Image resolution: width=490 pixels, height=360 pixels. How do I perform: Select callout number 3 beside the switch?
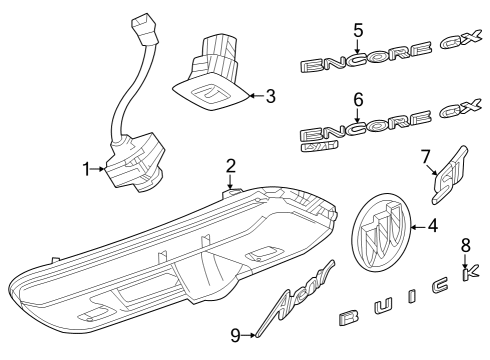pos(271,96)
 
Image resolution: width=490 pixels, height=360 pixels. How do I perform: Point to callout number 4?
pos(433,226)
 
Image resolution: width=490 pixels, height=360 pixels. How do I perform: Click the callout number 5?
pos(357,30)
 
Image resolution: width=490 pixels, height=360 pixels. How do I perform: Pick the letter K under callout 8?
pos(464,272)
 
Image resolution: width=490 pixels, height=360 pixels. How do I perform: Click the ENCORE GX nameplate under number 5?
pos(385,62)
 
